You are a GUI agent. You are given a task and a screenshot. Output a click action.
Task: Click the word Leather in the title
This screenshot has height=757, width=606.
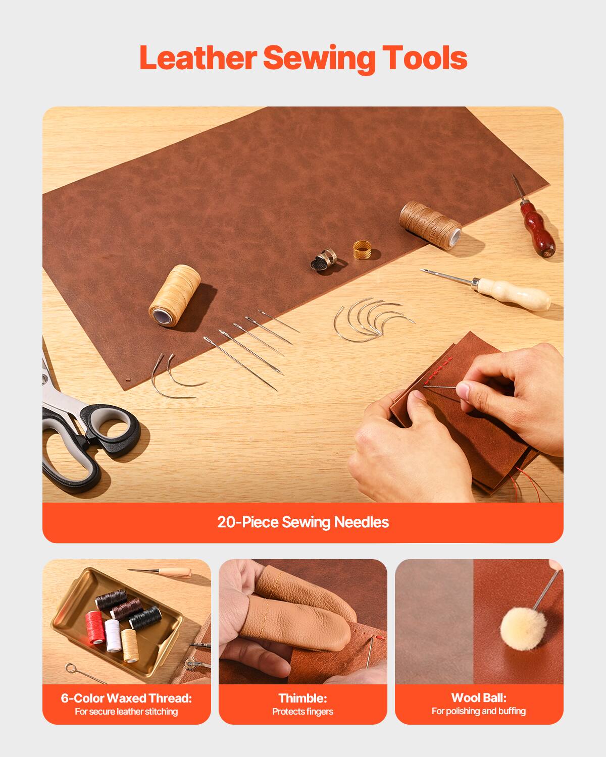(198, 58)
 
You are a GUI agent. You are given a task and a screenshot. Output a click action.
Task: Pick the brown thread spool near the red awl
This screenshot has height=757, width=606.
(431, 223)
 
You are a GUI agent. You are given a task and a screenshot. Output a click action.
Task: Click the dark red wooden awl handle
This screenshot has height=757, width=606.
(537, 230)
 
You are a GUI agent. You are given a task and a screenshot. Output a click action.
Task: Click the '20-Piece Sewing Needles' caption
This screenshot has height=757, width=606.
(303, 522)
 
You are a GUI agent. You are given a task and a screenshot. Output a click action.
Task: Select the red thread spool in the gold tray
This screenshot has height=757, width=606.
(94, 627)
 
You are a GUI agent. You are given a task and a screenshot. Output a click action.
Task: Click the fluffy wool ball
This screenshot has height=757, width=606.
(520, 627)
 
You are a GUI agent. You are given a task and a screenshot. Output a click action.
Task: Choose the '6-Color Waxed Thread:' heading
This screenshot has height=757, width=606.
(126, 698)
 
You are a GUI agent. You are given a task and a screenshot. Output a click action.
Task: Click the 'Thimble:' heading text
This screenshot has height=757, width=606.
(303, 698)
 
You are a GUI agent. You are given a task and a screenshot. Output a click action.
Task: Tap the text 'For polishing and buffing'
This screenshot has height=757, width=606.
(479, 711)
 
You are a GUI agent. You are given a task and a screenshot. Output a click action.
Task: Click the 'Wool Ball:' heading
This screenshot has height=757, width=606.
(479, 697)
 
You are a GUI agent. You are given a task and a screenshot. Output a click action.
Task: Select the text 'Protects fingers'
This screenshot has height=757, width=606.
(303, 712)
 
